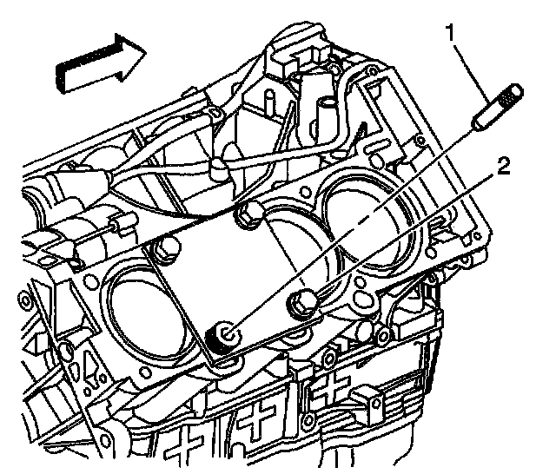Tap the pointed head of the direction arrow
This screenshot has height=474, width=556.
pyautogui.click(x=130, y=53)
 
